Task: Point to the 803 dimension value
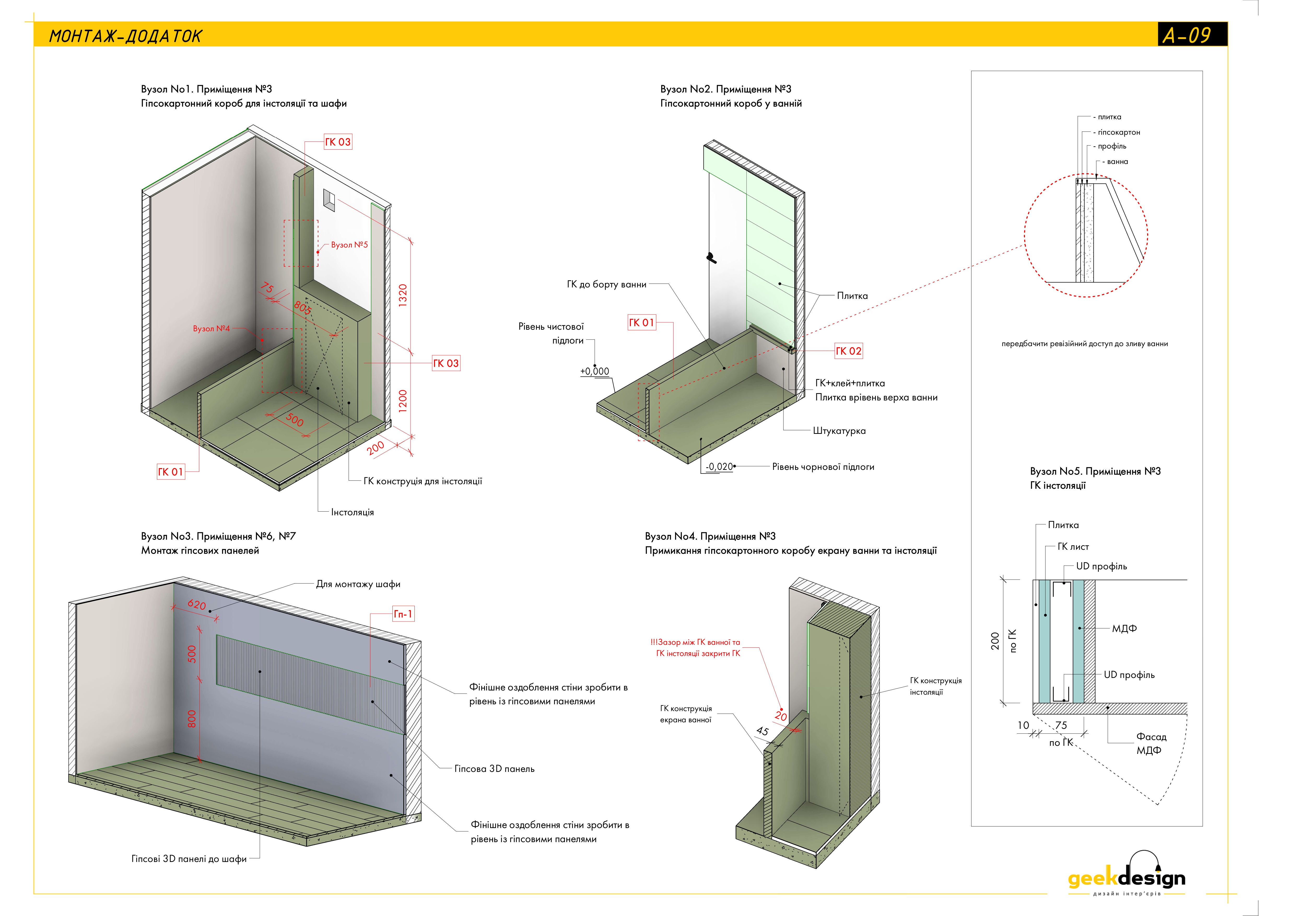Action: pos(302,308)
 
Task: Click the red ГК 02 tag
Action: pos(848,351)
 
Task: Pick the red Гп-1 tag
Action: pos(403,614)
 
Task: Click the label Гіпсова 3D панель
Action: pos(494,769)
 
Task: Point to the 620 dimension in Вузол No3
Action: pos(196,605)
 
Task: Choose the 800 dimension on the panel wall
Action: pos(192,718)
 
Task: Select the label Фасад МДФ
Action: pos(1150,743)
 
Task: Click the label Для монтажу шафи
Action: pos(358,584)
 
